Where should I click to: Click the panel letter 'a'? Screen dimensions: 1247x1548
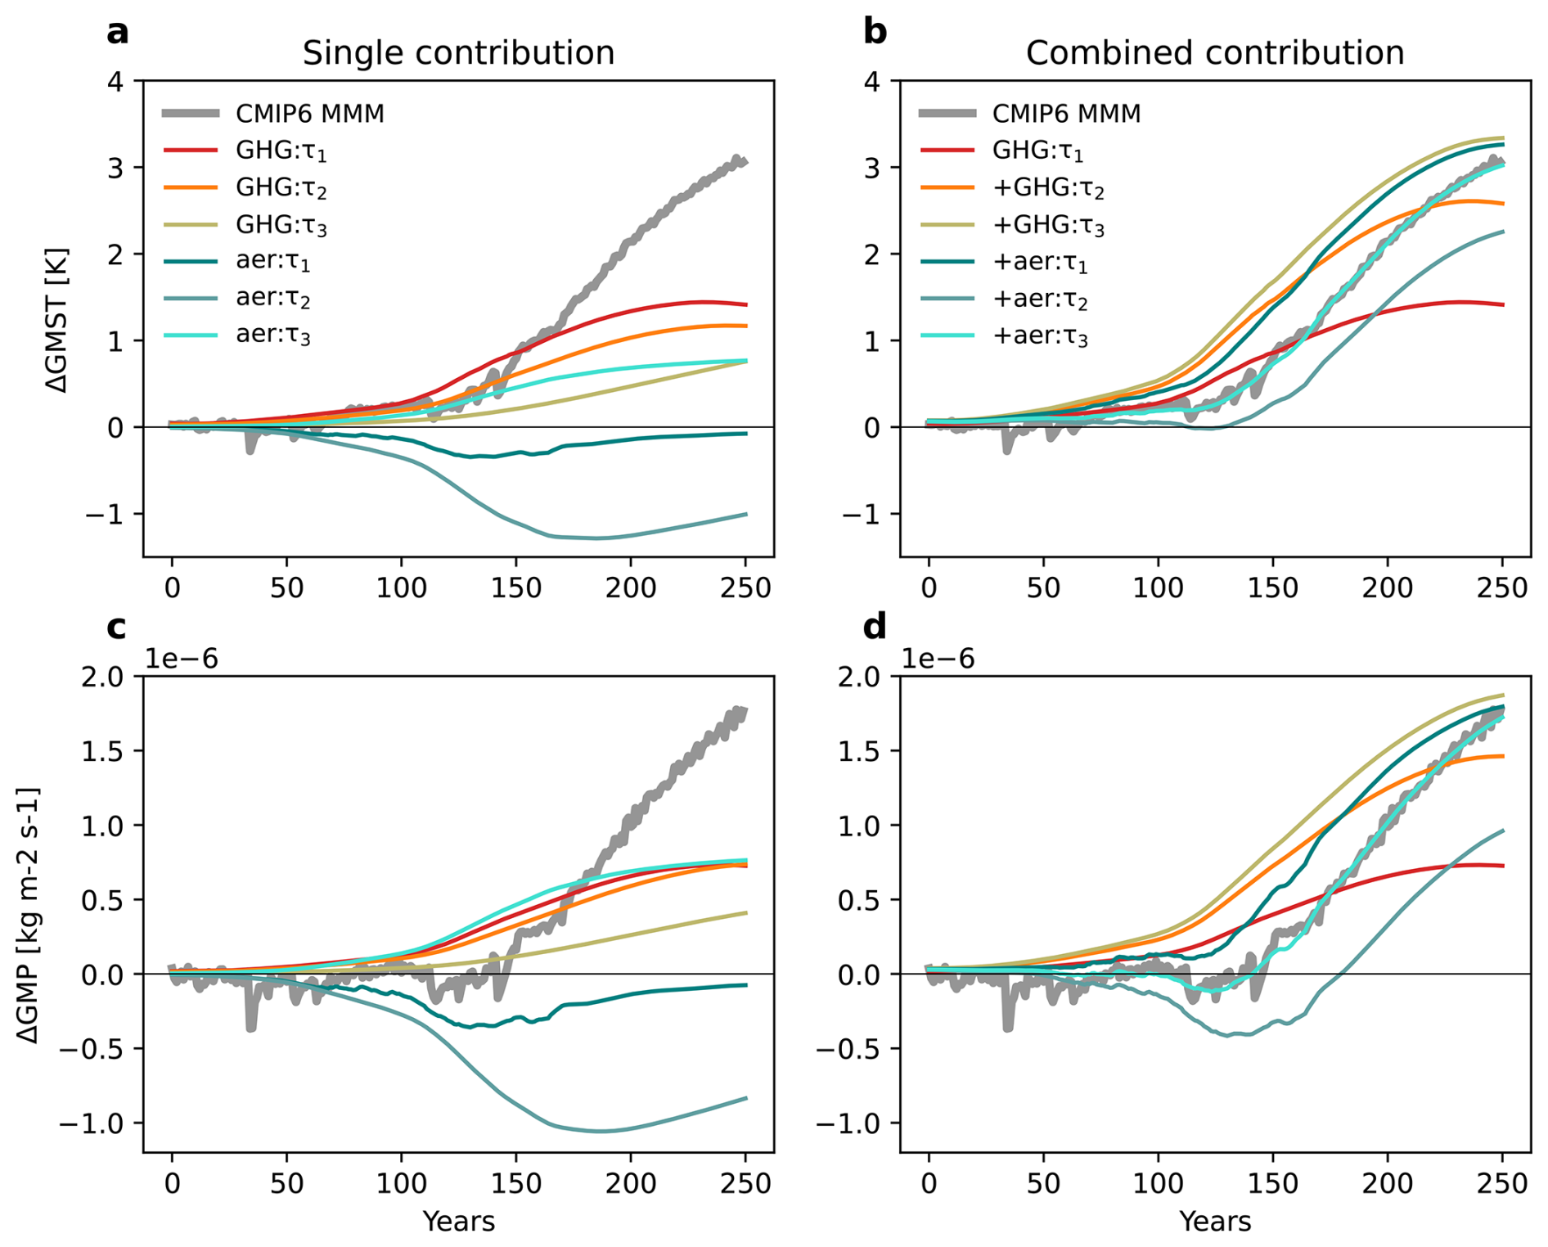(118, 33)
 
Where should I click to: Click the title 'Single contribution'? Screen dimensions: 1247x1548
(458, 53)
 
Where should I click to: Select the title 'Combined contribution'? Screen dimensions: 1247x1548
(1215, 53)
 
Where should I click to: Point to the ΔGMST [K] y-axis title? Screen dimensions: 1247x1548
(57, 320)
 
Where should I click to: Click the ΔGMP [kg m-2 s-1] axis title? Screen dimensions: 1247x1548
(29, 915)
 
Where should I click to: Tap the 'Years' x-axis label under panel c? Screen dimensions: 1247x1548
(458, 1222)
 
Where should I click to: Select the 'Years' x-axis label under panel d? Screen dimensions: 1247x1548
(1215, 1222)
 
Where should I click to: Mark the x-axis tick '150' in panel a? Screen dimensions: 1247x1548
(515, 587)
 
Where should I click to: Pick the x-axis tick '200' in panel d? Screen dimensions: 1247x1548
(1388, 1183)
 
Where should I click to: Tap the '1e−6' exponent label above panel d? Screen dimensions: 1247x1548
(938, 659)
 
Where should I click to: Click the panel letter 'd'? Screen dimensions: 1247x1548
(875, 628)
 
